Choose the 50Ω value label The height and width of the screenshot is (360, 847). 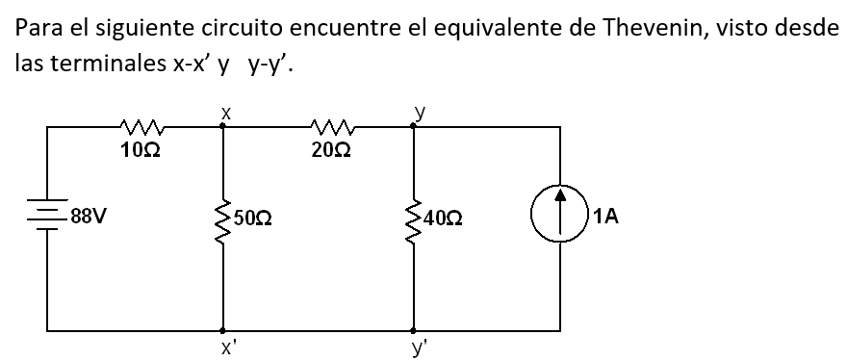click(252, 219)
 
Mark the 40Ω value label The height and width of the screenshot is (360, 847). click(443, 219)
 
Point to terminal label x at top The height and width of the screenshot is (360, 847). click(223, 112)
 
